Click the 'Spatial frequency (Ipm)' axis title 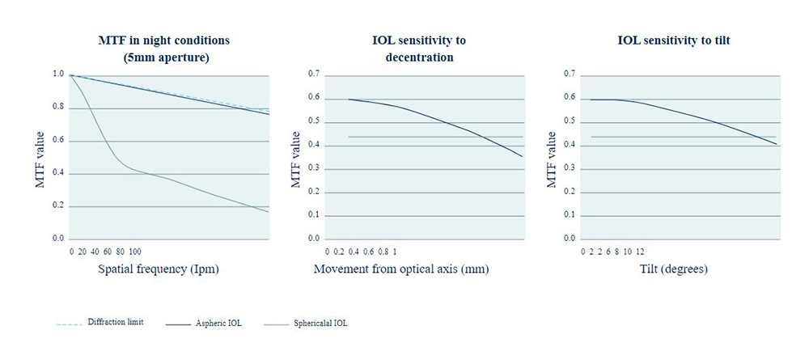tap(159, 268)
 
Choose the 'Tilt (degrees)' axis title tap(672, 268)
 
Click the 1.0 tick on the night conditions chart tap(57, 74)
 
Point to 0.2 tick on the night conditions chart tap(57, 206)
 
